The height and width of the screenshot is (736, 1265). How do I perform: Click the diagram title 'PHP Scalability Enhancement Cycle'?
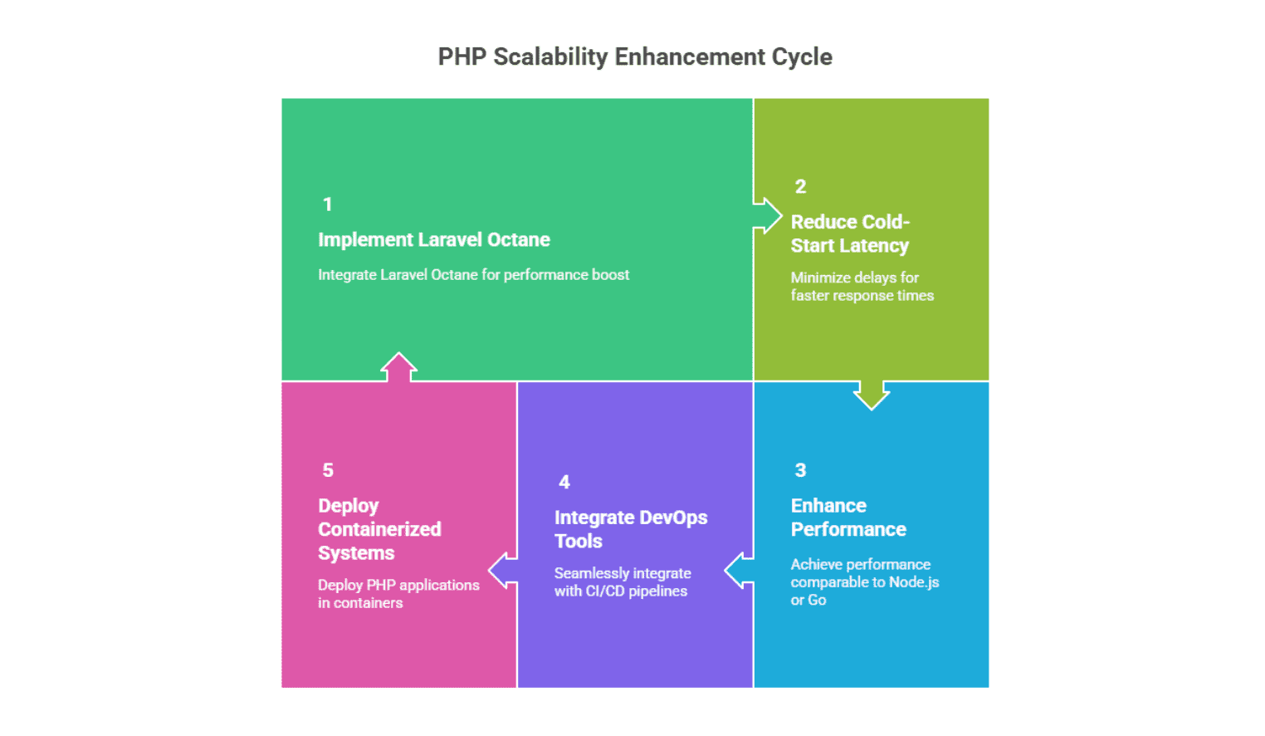[x=635, y=57]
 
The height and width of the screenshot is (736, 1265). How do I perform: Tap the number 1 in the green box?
[x=328, y=204]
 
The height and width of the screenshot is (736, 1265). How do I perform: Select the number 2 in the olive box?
[x=800, y=187]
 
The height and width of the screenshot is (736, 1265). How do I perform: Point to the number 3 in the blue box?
[x=800, y=469]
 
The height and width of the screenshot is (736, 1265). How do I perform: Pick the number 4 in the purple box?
[x=564, y=482]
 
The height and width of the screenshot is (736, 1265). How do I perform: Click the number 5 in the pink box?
[x=328, y=469]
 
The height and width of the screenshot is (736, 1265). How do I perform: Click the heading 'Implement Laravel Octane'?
[x=434, y=240]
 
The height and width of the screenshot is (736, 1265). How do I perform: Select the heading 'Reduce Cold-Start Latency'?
[x=850, y=233]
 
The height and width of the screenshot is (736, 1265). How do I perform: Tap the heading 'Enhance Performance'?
[x=848, y=518]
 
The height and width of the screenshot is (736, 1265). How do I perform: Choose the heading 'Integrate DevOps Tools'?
[x=631, y=529]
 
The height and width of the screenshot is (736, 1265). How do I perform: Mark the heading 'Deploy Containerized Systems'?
[x=379, y=529]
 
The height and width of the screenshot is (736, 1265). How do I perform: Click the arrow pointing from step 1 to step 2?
[x=768, y=215]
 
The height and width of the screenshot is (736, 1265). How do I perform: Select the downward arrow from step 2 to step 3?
[x=872, y=395]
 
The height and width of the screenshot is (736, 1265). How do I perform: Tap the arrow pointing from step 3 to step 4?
[x=739, y=571]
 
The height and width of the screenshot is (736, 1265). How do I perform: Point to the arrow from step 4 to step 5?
[x=503, y=571]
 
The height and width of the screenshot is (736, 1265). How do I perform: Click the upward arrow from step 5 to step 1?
[x=398, y=367]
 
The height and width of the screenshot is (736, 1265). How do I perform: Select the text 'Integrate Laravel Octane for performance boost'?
[x=473, y=275]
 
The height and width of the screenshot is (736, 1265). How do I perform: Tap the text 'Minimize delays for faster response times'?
[x=862, y=287]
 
